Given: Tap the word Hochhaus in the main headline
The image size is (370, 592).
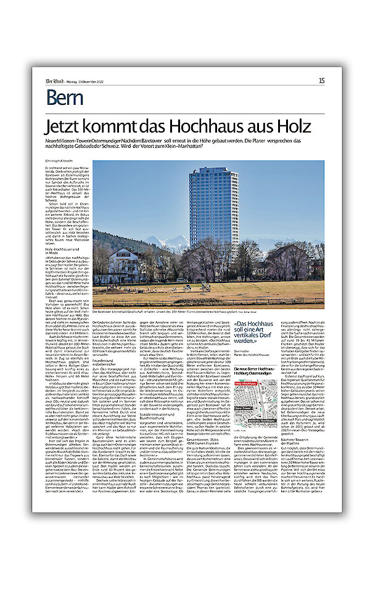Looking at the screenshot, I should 217,126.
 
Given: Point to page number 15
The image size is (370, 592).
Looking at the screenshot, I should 321,80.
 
